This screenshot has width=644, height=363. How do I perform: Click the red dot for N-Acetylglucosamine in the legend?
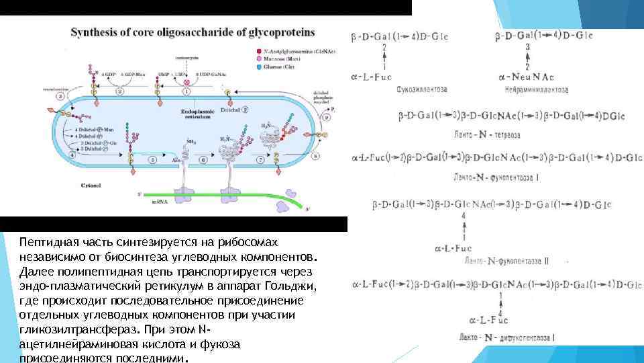[259, 52]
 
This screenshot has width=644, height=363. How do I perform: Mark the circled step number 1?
[186, 90]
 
